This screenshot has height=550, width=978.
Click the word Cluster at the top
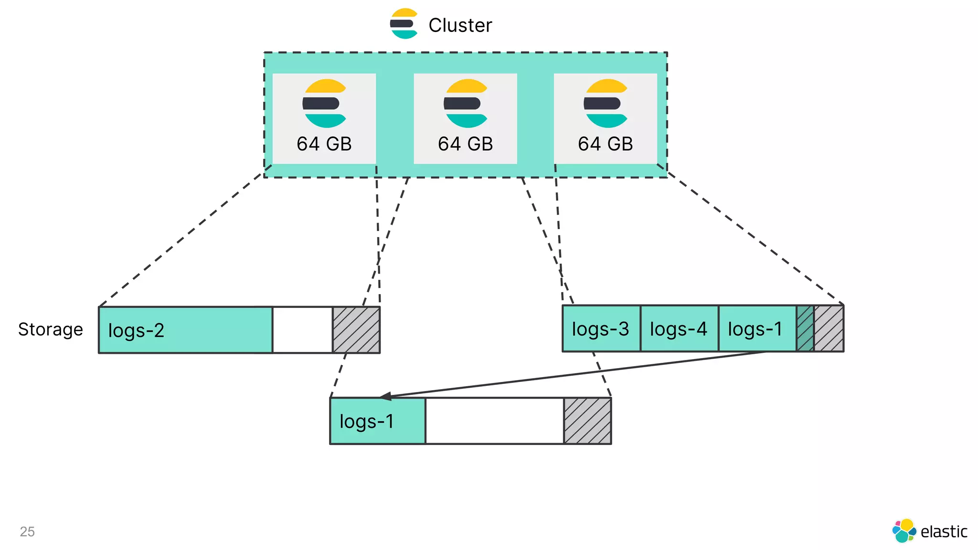tap(460, 25)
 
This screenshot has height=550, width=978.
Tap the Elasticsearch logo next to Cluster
tap(404, 24)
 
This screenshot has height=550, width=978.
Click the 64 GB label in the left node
tap(324, 144)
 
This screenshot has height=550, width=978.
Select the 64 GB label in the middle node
tap(465, 144)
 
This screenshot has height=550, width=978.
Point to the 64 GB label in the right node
tap(605, 144)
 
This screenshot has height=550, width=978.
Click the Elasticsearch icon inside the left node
tap(324, 103)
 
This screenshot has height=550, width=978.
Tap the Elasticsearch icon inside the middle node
tap(465, 103)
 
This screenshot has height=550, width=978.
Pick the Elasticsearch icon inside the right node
tap(606, 103)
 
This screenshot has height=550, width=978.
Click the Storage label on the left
tap(51, 329)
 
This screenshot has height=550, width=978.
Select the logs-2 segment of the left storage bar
tap(185, 330)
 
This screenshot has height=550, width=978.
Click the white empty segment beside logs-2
tap(302, 330)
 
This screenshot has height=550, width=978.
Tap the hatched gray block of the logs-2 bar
tap(356, 330)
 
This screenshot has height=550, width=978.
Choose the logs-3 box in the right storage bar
tap(601, 328)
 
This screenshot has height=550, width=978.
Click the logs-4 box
tap(679, 328)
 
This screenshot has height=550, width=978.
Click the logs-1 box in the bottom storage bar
tap(377, 421)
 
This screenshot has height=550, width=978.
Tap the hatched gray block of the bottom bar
tap(587, 421)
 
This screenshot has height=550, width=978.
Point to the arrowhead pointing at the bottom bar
tap(385, 396)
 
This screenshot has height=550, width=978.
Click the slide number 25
tap(27, 531)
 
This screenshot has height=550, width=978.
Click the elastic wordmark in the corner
tap(943, 531)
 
